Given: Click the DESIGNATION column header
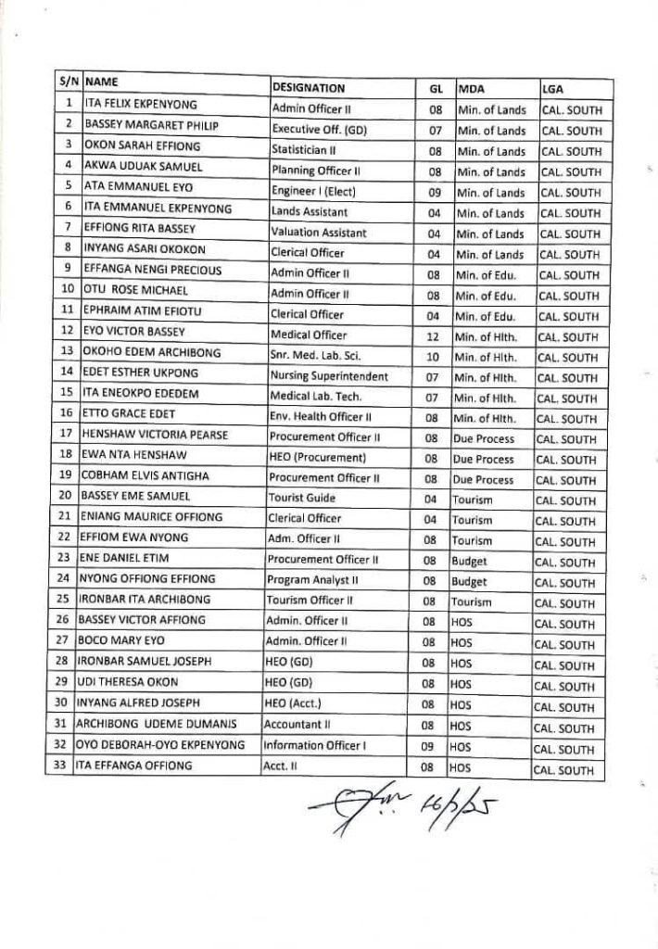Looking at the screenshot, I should coord(308,88).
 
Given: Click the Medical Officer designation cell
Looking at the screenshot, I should coord(309,335).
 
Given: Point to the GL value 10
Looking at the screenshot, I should coord(433,357).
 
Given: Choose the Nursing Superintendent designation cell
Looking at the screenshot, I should coord(329,376).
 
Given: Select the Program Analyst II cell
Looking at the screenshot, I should coord(310,580).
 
